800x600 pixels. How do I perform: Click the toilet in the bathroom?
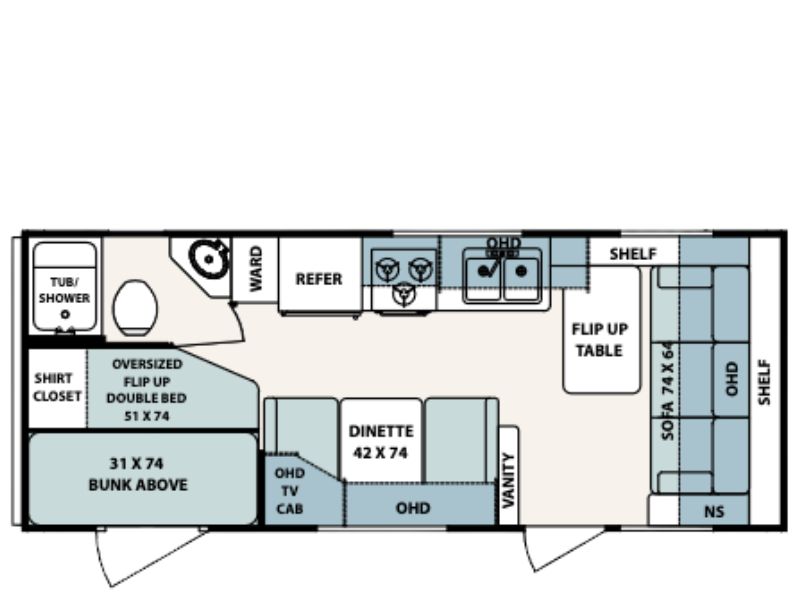click(135, 308)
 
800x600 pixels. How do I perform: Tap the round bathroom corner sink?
click(208, 259)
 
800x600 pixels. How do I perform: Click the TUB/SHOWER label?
click(64, 290)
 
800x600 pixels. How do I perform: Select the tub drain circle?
click(65, 315)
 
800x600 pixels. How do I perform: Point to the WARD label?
click(256, 269)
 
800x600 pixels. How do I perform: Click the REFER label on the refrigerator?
click(319, 279)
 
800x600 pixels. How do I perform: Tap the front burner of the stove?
click(404, 294)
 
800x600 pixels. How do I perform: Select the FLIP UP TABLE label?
click(599, 340)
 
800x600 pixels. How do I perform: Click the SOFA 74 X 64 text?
click(667, 391)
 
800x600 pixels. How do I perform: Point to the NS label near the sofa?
click(714, 511)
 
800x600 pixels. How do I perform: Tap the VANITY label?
click(509, 481)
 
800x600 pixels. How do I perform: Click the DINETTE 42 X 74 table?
click(381, 440)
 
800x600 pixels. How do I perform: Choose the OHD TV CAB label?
click(289, 491)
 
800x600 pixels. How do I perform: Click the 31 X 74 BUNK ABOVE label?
click(138, 474)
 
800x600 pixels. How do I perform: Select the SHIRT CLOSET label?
click(57, 387)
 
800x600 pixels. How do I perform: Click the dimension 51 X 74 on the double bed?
click(146, 416)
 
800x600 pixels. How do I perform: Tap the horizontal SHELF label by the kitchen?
click(633, 254)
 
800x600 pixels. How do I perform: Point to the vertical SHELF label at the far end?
click(764, 383)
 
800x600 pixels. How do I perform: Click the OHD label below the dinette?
click(413, 508)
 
